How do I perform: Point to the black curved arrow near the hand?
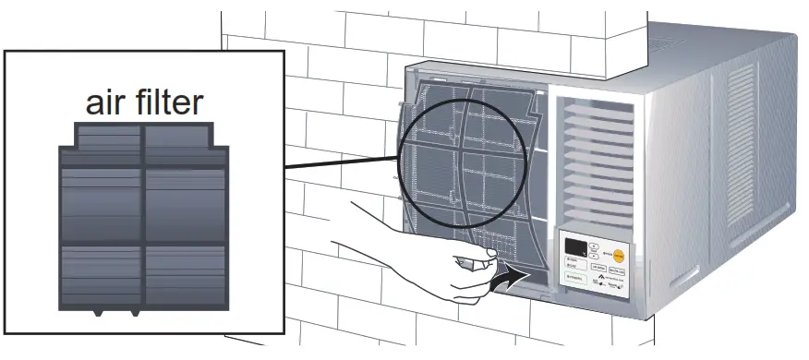[x=511, y=273]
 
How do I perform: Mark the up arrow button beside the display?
[x=596, y=245]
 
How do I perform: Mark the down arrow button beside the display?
[x=596, y=255]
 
